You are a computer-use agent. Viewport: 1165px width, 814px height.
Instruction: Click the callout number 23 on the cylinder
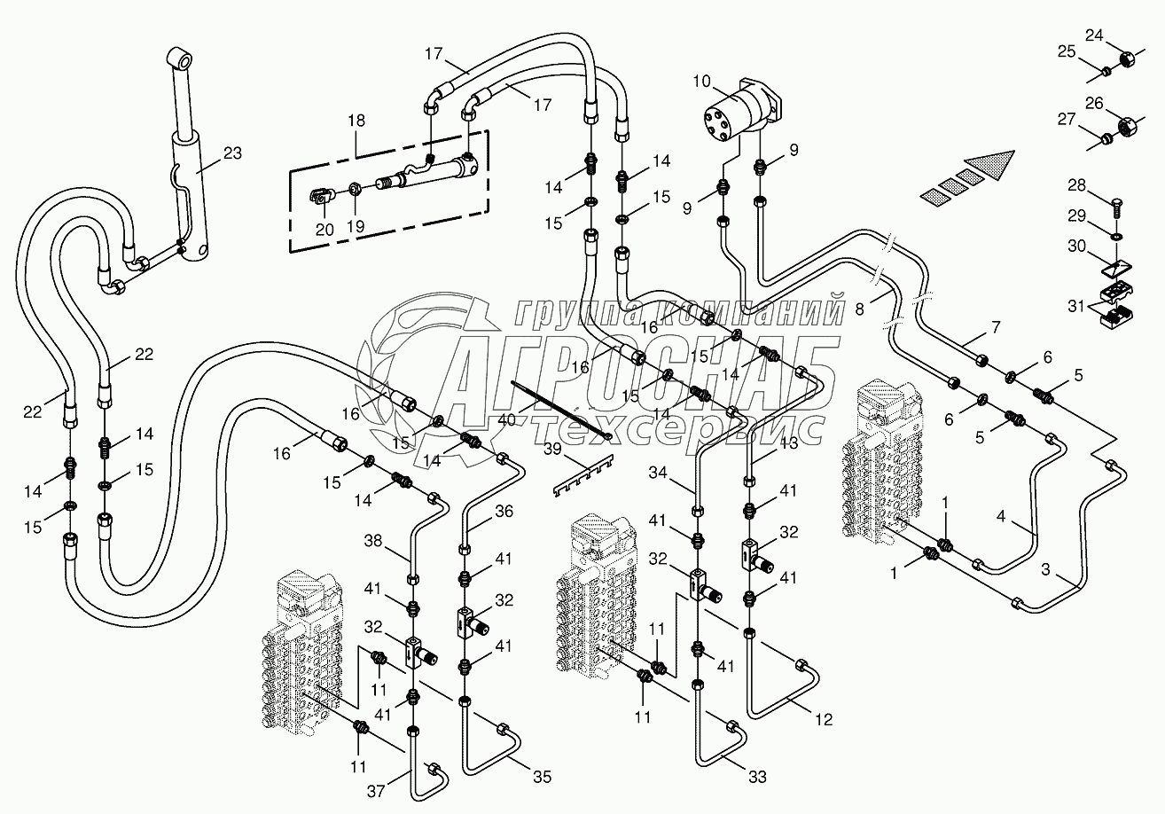232,153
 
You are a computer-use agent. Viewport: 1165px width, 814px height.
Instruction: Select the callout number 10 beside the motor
701,82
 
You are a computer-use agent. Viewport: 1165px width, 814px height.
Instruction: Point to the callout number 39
551,450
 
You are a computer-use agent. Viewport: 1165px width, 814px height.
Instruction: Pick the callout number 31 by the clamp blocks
1076,305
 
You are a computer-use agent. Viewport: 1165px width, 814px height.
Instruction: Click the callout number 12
825,720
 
